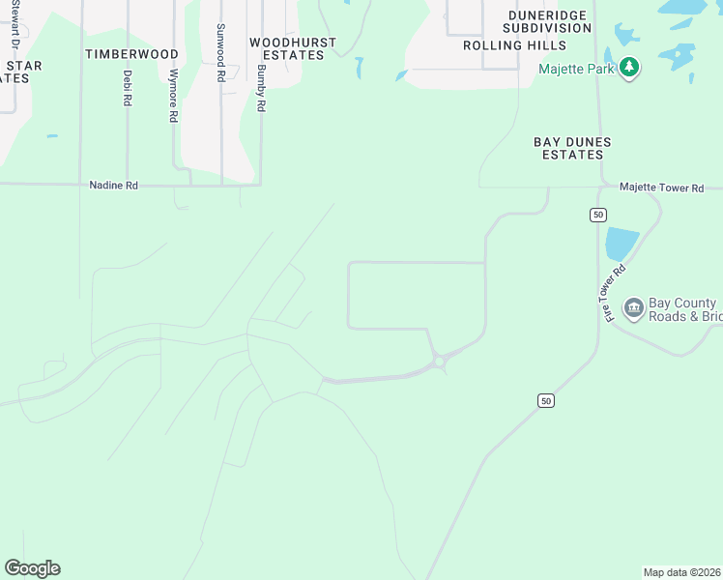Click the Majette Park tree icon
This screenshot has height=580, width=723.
click(630, 68)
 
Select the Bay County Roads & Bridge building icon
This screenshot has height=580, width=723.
click(634, 308)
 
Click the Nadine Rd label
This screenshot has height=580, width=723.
click(113, 185)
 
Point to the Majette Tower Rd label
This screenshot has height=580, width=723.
click(661, 188)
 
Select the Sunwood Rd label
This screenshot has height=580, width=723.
click(221, 52)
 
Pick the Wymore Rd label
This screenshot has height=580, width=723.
click(174, 95)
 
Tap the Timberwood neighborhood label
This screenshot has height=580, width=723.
click(131, 54)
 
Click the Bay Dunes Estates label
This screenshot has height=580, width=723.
click(572, 148)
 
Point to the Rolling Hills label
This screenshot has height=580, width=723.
click(514, 45)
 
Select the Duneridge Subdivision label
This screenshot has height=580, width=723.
click(548, 22)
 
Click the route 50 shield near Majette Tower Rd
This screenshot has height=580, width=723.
click(599, 214)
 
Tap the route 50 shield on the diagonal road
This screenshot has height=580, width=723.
click(546, 400)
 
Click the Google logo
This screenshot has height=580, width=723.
click(32, 568)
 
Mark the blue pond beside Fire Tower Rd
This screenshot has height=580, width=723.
click(622, 244)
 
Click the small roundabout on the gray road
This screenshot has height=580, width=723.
click(440, 362)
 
